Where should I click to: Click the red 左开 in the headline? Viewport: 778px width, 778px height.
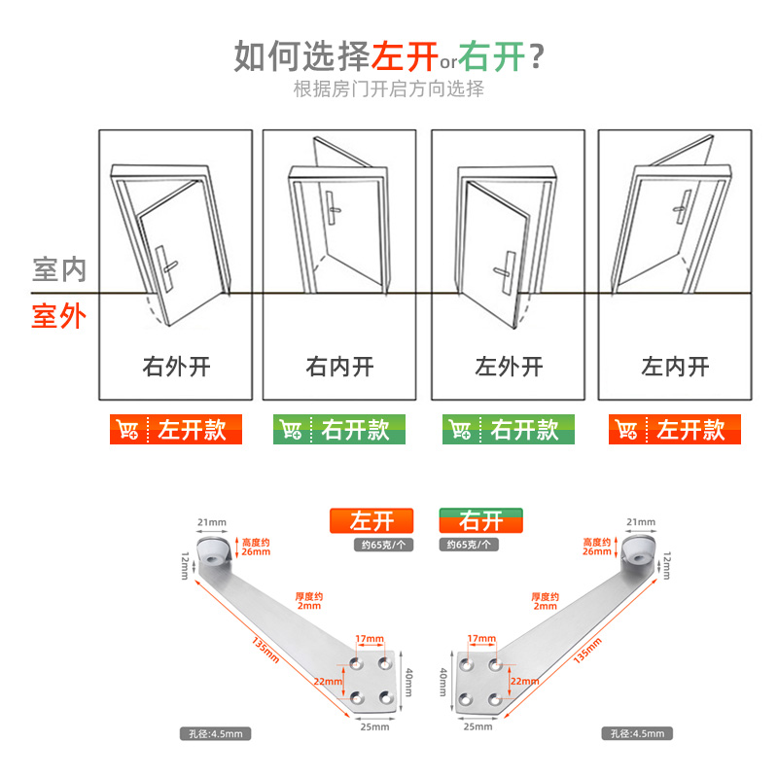tap(405, 55)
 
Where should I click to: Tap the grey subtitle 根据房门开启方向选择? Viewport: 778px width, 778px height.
tap(388, 89)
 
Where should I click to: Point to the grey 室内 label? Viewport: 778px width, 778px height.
tap(59, 269)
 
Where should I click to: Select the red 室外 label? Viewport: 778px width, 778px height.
tap(59, 316)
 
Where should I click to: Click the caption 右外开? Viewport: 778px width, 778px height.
tap(176, 367)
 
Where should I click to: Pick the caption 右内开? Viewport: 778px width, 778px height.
tap(339, 367)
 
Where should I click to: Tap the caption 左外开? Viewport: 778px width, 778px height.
tap(509, 367)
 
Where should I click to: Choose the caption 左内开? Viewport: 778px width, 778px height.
tap(675, 367)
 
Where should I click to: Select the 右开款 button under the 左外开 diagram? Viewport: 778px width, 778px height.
tap(509, 430)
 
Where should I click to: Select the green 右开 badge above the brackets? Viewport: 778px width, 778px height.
tap(481, 520)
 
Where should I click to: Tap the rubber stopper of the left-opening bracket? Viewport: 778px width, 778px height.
tap(215, 551)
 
